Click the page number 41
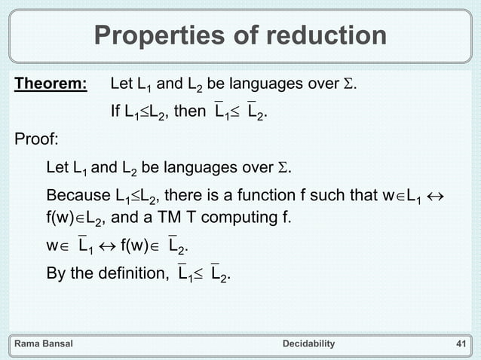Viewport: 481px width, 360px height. point(462,343)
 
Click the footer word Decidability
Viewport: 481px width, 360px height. point(308,343)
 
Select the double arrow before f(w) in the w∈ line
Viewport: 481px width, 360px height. point(109,248)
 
